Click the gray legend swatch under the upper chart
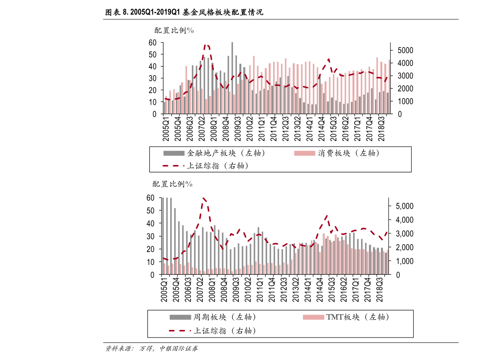click(174, 153)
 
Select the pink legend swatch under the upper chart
click(305, 153)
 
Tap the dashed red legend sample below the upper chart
click(173, 166)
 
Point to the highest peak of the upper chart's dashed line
click(207, 45)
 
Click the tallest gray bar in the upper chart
click(232, 78)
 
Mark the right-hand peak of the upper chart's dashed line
click(328, 60)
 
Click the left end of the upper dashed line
click(165, 99)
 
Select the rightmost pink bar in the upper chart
click(389, 87)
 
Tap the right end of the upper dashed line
click(387, 77)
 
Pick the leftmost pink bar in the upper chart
click(166, 105)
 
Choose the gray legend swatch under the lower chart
click(180, 317)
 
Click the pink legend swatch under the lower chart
click(314, 317)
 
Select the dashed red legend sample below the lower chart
click(180, 331)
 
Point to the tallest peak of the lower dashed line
click(204, 199)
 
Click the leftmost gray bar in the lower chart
click(163, 236)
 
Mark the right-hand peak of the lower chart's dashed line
click(326, 216)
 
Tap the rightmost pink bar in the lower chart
click(387, 262)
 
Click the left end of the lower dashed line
click(164, 258)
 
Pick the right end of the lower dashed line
click(387, 232)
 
